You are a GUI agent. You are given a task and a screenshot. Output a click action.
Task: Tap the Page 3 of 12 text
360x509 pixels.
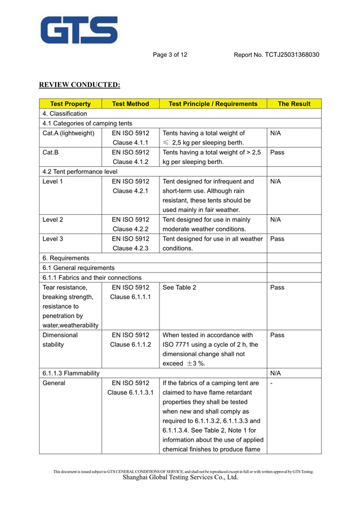pyautogui.click(x=170, y=55)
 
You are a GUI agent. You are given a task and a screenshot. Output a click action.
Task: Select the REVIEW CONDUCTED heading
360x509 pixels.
pyautogui.click(x=79, y=85)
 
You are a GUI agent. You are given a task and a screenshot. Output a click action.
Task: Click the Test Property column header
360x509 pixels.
pyautogui.click(x=70, y=104)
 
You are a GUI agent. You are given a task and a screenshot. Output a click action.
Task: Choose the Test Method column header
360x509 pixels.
pyautogui.click(x=130, y=104)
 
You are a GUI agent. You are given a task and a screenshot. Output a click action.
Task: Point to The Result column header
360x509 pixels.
pyautogui.click(x=294, y=104)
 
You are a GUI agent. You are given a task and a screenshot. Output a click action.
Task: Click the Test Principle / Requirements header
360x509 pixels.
pyautogui.click(x=213, y=104)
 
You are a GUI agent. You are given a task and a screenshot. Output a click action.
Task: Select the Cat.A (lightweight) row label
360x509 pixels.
pyautogui.click(x=68, y=133)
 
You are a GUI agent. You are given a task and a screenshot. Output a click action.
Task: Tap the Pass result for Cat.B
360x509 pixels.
pyautogui.click(x=277, y=152)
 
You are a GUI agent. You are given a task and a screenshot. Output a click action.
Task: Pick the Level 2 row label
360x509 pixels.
pyautogui.click(x=52, y=220)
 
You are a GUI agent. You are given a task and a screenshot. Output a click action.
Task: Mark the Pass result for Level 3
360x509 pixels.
pyautogui.click(x=277, y=239)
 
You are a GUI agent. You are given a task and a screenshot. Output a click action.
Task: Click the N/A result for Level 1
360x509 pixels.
pyautogui.click(x=275, y=181)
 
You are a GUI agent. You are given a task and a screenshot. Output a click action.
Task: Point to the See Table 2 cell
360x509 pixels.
pyautogui.click(x=179, y=287)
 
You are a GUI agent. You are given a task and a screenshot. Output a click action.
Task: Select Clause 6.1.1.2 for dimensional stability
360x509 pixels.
pyautogui.click(x=130, y=345)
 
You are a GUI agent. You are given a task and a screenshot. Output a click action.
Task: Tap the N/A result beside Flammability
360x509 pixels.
pyautogui.click(x=275, y=373)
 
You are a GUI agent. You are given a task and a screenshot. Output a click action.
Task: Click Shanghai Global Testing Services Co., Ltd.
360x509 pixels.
pyautogui.click(x=179, y=477)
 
